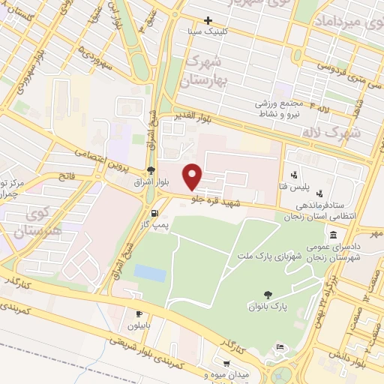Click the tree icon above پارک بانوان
[x=266, y=295]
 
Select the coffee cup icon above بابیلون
[x=139, y=313]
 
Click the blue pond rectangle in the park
[x=151, y=273]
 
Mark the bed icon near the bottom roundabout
[x=280, y=346]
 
